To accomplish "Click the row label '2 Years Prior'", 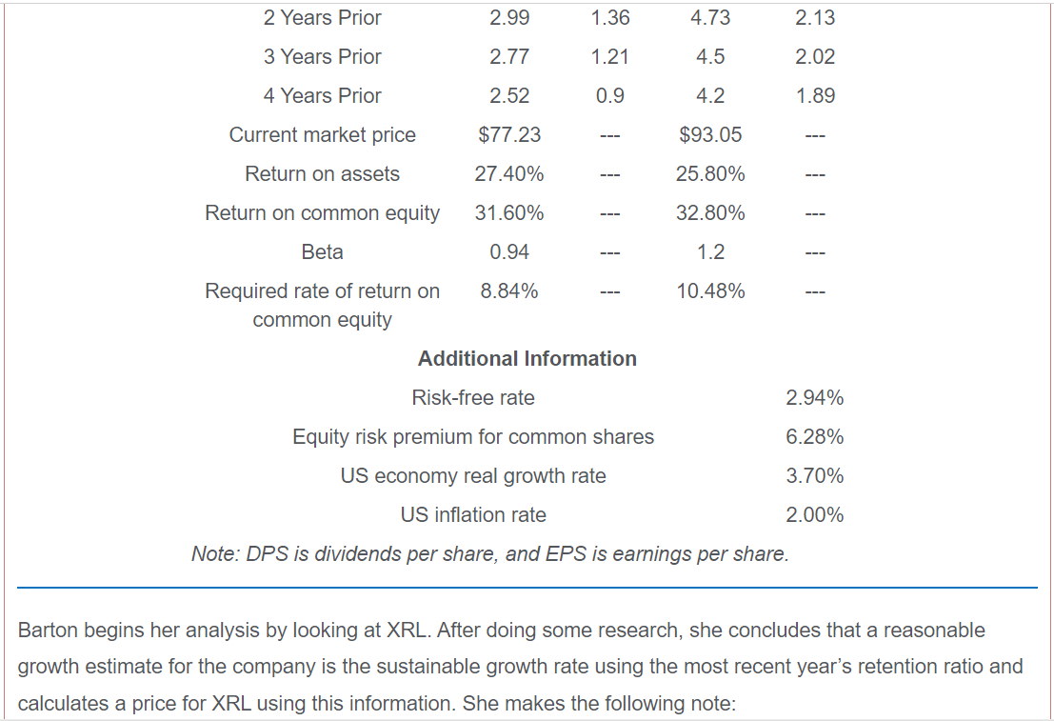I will click(x=322, y=17).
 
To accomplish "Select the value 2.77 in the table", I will click(x=509, y=56).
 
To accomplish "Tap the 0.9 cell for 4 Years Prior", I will click(x=609, y=95).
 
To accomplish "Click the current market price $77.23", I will click(x=509, y=134).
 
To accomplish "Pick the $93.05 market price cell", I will click(x=710, y=134).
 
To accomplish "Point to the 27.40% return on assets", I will click(x=509, y=173).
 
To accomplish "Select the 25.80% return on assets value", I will click(x=710, y=173).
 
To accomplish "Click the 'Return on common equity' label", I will click(x=322, y=212).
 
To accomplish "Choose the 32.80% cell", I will click(x=710, y=212).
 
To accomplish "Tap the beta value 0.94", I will click(x=509, y=251).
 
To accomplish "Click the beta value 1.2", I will click(x=710, y=251).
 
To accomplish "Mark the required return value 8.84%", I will click(x=509, y=290).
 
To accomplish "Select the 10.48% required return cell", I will click(x=710, y=290).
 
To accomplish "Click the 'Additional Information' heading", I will click(x=527, y=358).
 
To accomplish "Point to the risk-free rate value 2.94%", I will click(x=814, y=397).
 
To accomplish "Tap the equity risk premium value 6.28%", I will click(x=814, y=436).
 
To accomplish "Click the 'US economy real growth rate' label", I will click(x=473, y=475).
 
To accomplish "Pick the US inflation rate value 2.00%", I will click(x=814, y=514).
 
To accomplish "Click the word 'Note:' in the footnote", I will click(x=215, y=553).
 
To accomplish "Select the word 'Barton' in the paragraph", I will click(x=49, y=630).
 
